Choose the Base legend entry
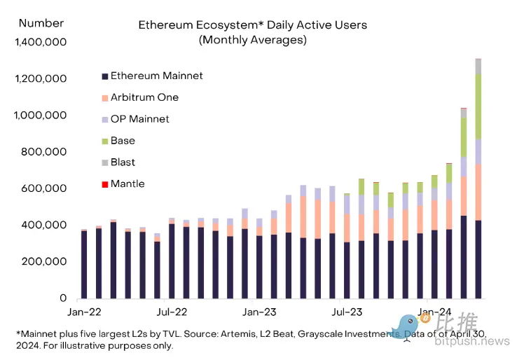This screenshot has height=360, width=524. click(123, 141)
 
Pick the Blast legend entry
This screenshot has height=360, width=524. click(123, 162)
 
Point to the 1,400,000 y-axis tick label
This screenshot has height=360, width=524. click(41, 42)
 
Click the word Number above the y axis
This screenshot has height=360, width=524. click(41, 23)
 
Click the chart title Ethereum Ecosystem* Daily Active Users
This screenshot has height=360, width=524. click(252, 25)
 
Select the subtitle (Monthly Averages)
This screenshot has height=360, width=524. click(252, 40)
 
